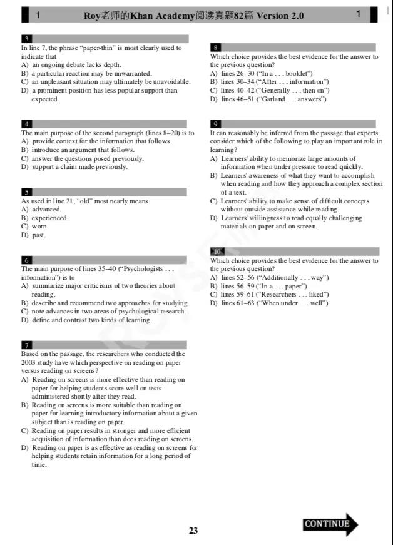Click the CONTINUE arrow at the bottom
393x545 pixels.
pos(330,524)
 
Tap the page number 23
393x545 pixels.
pos(193,531)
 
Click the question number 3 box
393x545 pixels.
pos(26,39)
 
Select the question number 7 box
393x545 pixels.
pos(26,345)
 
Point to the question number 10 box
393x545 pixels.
pos(217,252)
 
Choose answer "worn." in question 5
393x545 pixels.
pos(40,227)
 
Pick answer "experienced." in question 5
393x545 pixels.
pos(50,218)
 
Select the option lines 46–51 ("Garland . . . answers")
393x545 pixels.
pos(267,99)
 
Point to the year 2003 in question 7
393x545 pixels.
pos(28,362)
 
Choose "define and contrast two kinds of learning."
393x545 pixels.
pos(91,320)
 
